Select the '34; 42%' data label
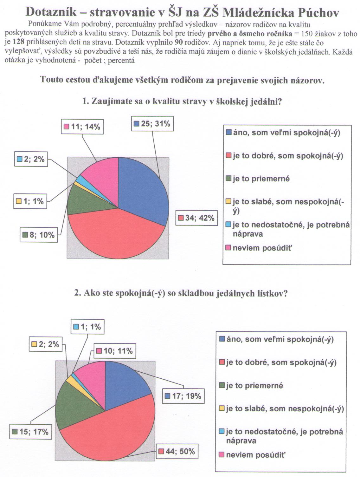[196, 218]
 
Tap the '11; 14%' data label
[82, 127]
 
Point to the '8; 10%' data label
[39, 235]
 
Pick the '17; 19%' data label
[183, 396]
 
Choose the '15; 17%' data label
[30, 432]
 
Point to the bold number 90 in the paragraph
[175, 42]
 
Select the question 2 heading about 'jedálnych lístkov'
[181, 293]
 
